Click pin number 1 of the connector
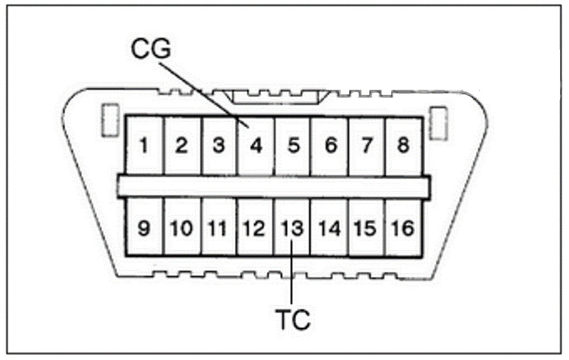pyautogui.click(x=144, y=146)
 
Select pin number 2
pyautogui.click(x=181, y=146)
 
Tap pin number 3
pyautogui.click(x=219, y=146)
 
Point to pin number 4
pyautogui.click(x=255, y=146)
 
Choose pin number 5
pyautogui.click(x=293, y=146)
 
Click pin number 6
pyautogui.click(x=330, y=146)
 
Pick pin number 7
pyautogui.click(x=367, y=146)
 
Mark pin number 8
pyautogui.click(x=403, y=146)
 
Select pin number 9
pyautogui.click(x=144, y=228)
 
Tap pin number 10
pyautogui.click(x=182, y=228)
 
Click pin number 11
pyautogui.click(x=219, y=228)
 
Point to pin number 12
pyautogui.click(x=255, y=228)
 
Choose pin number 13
pyautogui.click(x=292, y=228)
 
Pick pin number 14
pyautogui.click(x=330, y=228)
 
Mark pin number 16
pyautogui.click(x=403, y=228)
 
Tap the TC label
pyautogui.click(x=292, y=319)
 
